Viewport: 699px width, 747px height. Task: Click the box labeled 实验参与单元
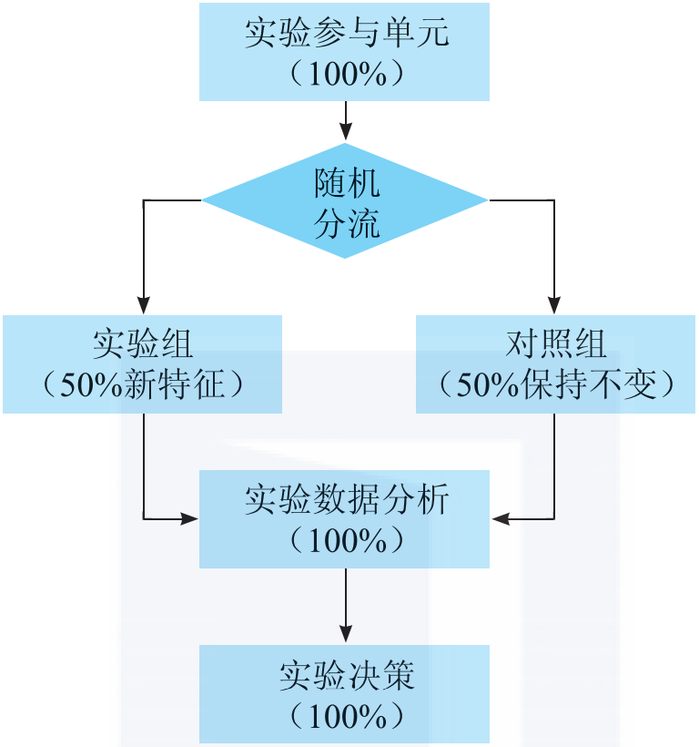tap(344, 51)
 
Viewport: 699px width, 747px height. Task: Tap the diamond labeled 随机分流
tap(345, 200)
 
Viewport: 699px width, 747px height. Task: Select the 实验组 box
tap(142, 364)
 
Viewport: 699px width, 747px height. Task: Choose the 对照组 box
tap(555, 364)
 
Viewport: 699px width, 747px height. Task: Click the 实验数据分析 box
tap(344, 519)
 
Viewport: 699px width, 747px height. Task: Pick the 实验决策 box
tap(344, 694)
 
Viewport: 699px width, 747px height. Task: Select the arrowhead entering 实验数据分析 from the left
tap(190, 519)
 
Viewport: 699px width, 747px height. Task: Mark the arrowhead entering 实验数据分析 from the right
tap(500, 519)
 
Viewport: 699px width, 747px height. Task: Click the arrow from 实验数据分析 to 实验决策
tap(345, 606)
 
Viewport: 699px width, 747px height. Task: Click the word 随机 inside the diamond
tap(347, 184)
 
